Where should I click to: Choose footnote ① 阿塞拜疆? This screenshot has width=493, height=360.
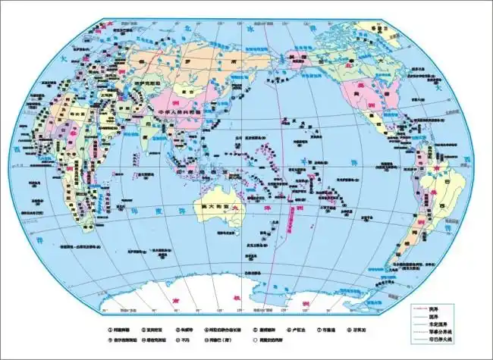(x=123, y=330)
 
